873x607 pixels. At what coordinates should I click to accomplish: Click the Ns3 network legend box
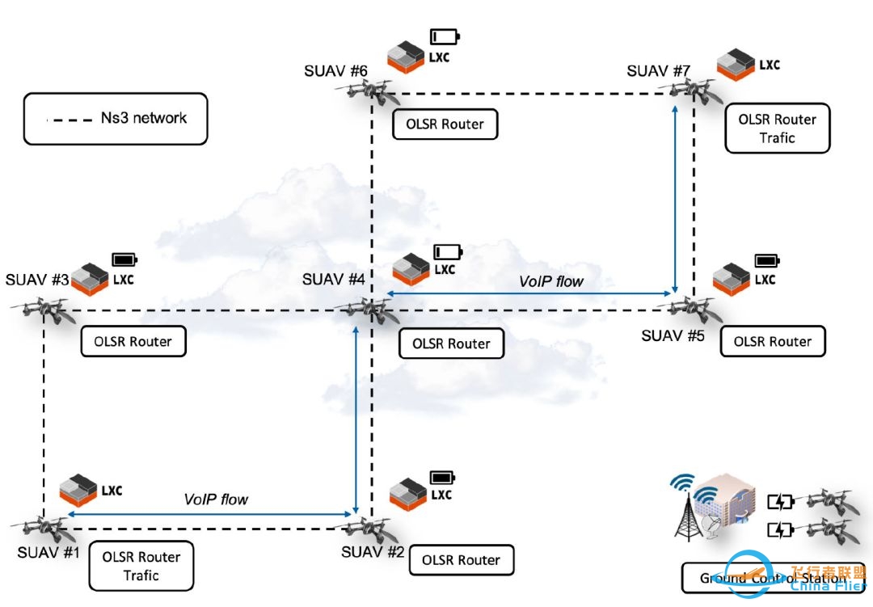(116, 119)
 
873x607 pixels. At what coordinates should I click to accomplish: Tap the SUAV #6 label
(336, 71)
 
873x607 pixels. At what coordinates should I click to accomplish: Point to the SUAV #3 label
(37, 280)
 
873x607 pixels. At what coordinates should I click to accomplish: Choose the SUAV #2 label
(373, 552)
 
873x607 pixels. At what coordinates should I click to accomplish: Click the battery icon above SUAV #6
(444, 36)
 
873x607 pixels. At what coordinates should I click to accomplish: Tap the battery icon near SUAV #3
(124, 259)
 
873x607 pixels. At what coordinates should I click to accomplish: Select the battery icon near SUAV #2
(443, 477)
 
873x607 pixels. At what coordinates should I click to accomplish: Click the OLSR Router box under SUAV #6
(445, 124)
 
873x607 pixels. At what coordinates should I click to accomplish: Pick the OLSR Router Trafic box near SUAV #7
(777, 129)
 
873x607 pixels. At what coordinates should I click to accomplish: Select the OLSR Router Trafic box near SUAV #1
(141, 566)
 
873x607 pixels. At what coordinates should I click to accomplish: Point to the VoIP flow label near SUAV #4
(551, 282)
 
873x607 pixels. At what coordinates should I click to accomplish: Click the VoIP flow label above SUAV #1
(216, 500)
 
